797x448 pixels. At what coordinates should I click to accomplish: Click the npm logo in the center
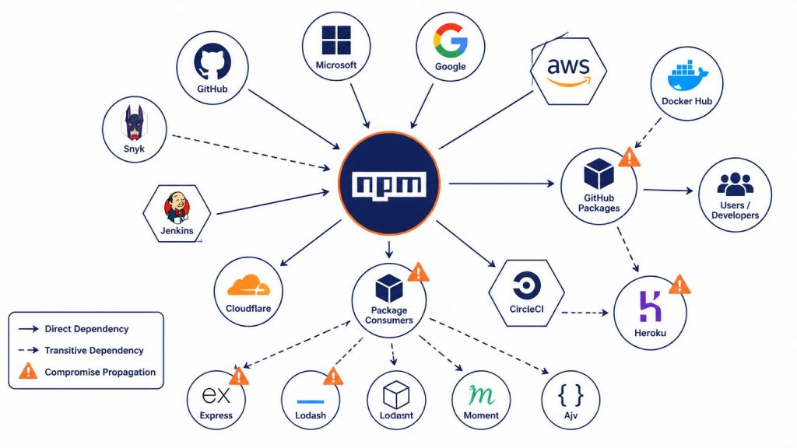coord(389,184)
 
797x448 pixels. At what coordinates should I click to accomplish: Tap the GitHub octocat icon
coord(212,62)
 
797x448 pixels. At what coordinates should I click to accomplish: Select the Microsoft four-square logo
coord(336,40)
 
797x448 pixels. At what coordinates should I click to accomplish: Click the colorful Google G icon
coord(451,40)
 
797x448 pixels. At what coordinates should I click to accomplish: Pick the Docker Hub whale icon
coord(687,76)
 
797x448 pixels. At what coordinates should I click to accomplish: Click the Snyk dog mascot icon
coord(134,123)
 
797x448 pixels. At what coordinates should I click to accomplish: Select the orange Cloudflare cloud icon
coord(248,285)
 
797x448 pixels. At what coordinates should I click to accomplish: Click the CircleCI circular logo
coord(527,285)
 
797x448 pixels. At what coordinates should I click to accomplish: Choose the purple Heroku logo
coord(650,306)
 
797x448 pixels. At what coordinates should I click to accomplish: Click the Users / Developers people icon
coord(735,184)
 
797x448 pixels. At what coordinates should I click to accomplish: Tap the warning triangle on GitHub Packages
coord(629,157)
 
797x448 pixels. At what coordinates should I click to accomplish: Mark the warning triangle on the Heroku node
coord(679,285)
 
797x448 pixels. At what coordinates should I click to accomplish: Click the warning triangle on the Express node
coord(239,377)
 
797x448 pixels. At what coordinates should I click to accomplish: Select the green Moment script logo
coord(481,394)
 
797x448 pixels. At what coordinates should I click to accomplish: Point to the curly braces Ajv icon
coord(571,394)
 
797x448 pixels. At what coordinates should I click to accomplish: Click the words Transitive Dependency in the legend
coord(94,351)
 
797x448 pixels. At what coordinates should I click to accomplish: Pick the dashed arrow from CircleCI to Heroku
coord(585,313)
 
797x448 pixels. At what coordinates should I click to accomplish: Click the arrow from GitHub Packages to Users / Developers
coord(668,191)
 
